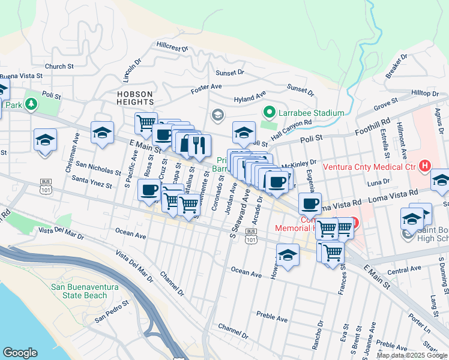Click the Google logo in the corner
(x=20, y=353)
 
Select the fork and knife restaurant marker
(x=199, y=145)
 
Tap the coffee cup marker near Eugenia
(x=310, y=204)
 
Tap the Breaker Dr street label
(x=397, y=66)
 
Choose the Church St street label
(x=59, y=67)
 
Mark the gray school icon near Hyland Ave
(x=217, y=114)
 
